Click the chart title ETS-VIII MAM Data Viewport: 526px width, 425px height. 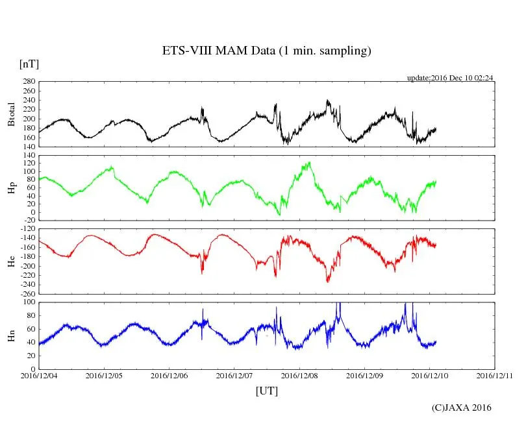point(266,51)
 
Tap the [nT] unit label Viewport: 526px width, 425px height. point(29,64)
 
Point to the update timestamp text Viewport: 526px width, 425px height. point(450,78)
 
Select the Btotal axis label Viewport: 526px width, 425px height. point(11,114)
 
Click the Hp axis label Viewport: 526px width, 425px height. point(11,188)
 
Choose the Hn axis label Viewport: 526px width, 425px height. point(11,335)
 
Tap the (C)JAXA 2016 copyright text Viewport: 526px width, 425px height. point(462,407)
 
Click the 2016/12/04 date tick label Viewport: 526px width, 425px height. point(39,376)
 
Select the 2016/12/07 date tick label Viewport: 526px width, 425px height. point(234,376)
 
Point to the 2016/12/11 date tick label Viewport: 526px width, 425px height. point(494,376)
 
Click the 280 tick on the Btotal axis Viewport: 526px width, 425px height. point(29,82)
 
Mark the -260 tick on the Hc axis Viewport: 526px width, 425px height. point(27,293)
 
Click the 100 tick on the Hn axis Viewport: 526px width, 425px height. point(29,302)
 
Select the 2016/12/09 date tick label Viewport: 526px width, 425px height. point(364,376)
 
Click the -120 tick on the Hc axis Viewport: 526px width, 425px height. point(27,230)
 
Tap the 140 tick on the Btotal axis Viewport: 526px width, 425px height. point(29,147)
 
